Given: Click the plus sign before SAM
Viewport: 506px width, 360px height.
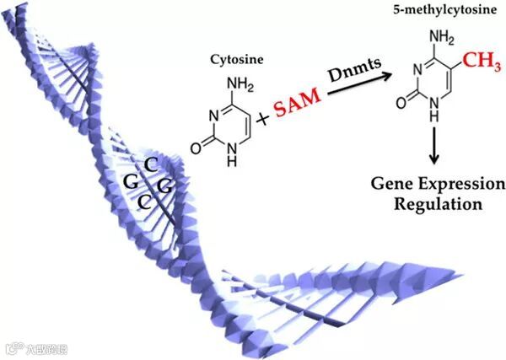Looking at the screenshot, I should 263,119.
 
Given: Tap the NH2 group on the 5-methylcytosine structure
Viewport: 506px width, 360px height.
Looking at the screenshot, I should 430,38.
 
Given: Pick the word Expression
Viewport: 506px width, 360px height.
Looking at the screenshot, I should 462,185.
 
